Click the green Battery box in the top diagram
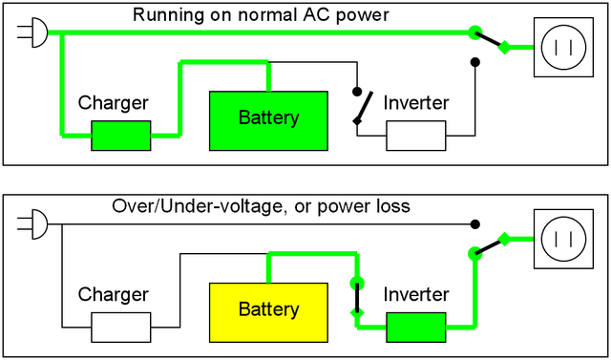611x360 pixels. click(x=268, y=119)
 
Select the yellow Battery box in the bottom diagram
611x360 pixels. click(x=268, y=310)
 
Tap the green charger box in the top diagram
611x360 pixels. click(x=120, y=136)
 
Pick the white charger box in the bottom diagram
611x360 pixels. click(x=120, y=327)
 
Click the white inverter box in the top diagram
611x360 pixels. click(x=415, y=136)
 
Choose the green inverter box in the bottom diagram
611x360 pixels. click(x=415, y=327)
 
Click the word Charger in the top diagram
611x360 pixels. click(x=113, y=103)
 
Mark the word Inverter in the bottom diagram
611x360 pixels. click(x=415, y=294)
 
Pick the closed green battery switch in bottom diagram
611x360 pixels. click(x=357, y=297)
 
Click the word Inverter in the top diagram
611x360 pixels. click(x=415, y=103)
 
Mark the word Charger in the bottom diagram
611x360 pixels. click(x=113, y=294)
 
